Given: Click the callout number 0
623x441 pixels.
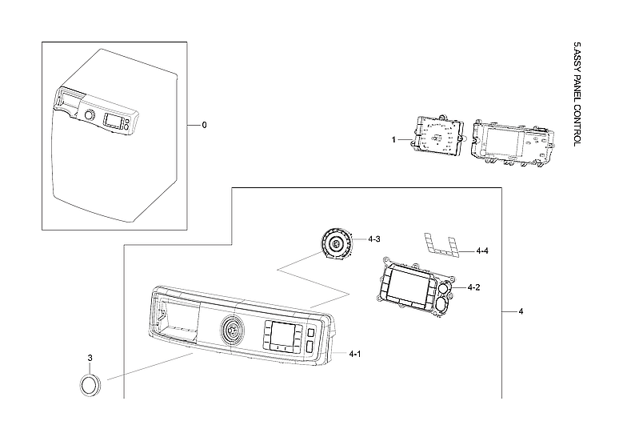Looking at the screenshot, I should coord(204,125).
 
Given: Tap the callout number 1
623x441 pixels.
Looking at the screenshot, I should coord(394,139).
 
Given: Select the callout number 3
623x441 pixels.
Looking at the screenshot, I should coord(90,357).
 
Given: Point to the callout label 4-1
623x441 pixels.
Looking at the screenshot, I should coord(353,353).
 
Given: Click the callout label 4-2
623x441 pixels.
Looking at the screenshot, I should coord(473,287).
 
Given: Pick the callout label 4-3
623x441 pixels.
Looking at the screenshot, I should coord(373,239).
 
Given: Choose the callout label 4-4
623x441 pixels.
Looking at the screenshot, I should coord(481,251).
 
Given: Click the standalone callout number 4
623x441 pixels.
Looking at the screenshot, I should coord(521,311).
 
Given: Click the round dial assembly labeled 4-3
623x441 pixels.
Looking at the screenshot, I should coord(335,243).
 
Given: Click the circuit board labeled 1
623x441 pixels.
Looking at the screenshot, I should coord(437,138).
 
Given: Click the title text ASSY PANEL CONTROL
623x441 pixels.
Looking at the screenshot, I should coord(578,93).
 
